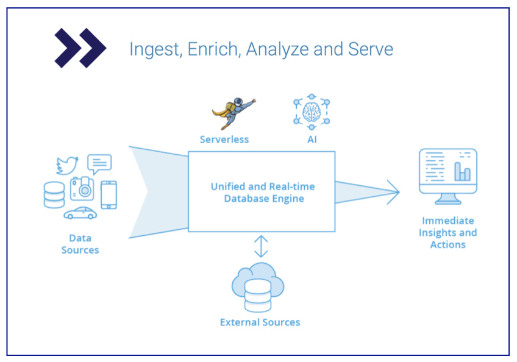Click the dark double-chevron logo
click(80, 48)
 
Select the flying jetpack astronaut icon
click(233, 113)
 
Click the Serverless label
click(224, 140)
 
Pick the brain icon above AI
click(311, 112)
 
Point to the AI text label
click(312, 140)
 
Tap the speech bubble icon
click(99, 163)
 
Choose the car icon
click(80, 213)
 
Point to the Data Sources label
click(80, 244)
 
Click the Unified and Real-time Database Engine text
click(263, 192)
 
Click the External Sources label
click(260, 322)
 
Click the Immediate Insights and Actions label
click(447, 232)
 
